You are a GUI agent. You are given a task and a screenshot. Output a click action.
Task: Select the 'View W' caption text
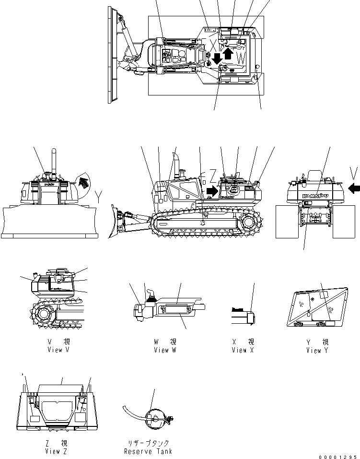point(164,350)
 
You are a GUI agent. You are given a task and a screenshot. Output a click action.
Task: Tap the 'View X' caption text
point(242,350)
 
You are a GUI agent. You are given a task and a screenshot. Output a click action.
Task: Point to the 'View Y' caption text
point(317,350)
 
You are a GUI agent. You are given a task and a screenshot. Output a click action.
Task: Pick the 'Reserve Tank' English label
point(148,451)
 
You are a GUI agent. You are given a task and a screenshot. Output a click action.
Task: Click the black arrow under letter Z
point(211,191)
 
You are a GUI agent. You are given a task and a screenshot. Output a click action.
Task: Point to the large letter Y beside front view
point(99,195)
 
